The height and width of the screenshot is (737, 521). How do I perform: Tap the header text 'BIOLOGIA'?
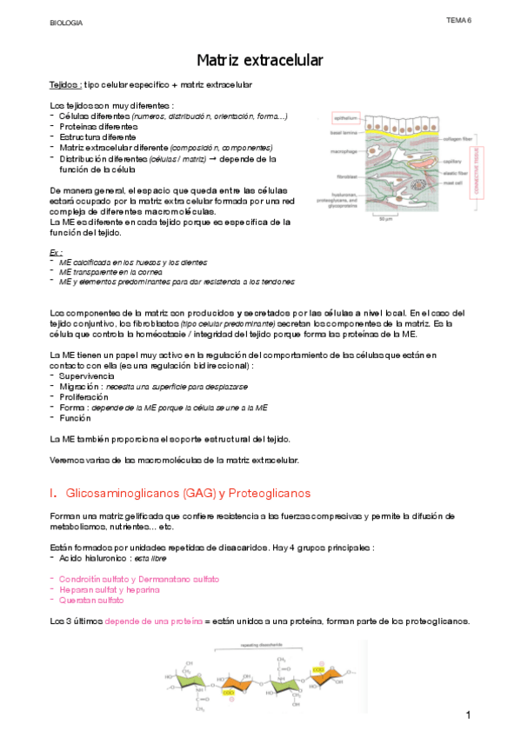[x=65, y=23]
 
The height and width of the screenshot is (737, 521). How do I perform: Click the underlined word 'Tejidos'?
[x=65, y=84]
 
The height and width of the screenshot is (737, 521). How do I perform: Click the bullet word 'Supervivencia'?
[x=89, y=375]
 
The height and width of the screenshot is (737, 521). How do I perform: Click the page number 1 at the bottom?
[x=468, y=715]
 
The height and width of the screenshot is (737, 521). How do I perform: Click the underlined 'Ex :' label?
[x=57, y=252]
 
